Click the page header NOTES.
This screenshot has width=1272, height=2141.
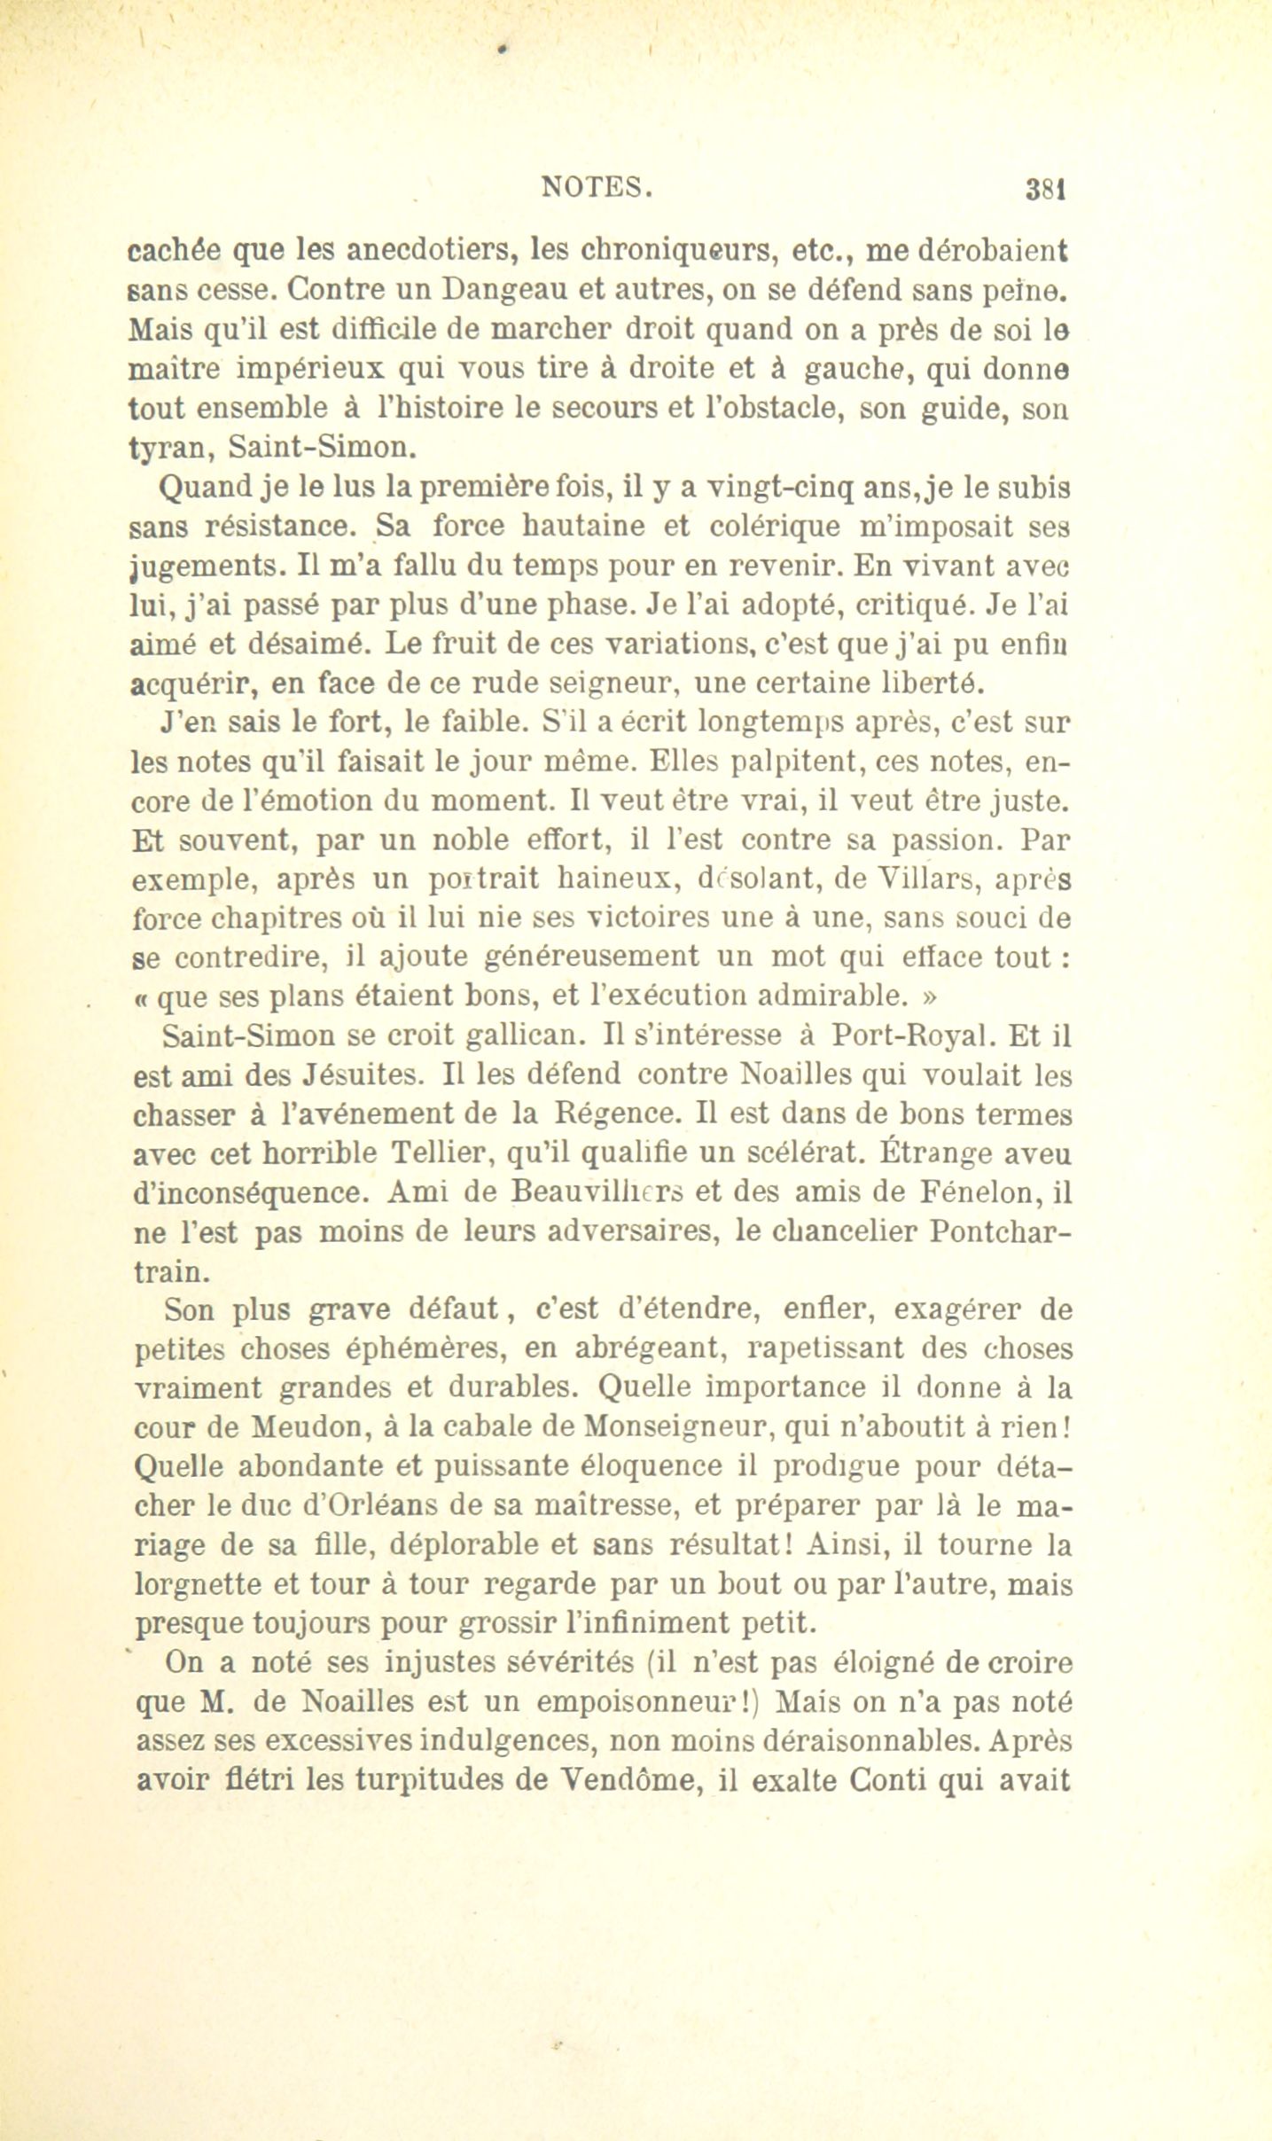(x=597, y=187)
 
